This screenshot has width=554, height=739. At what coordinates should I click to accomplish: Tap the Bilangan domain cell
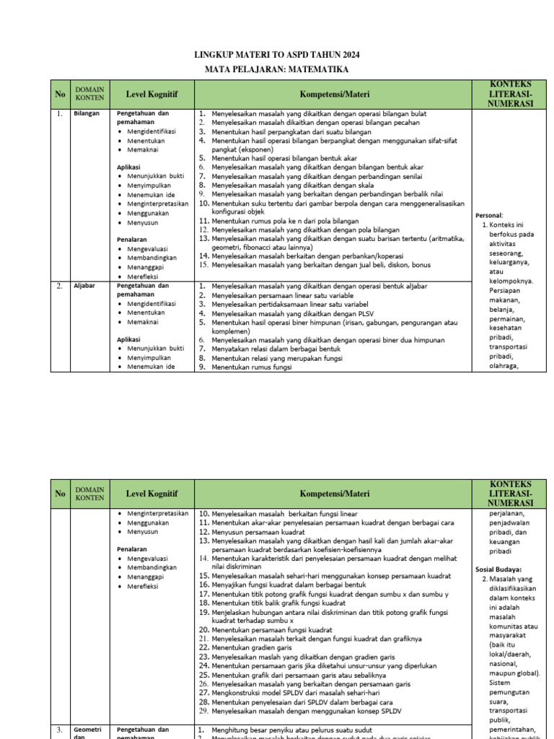[x=85, y=114]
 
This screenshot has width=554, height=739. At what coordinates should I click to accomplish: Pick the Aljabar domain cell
[x=84, y=287]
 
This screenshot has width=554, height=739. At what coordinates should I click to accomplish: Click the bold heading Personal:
[x=489, y=215]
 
